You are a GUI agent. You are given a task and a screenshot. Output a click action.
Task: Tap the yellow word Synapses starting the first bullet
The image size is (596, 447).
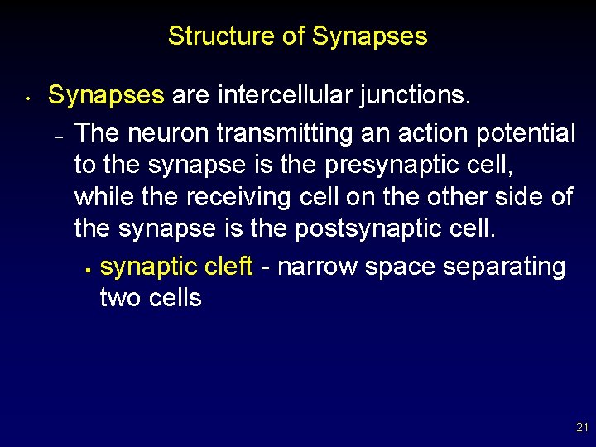106,96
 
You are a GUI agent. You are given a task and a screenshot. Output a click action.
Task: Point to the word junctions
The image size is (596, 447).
415,96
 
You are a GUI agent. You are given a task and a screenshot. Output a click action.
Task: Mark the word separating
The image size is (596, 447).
504,267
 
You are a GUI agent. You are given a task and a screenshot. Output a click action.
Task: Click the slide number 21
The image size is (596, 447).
581,428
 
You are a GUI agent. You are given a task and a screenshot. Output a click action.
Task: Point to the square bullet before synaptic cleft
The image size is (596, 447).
87,270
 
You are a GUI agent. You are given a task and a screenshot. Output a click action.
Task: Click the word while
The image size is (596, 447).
102,197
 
